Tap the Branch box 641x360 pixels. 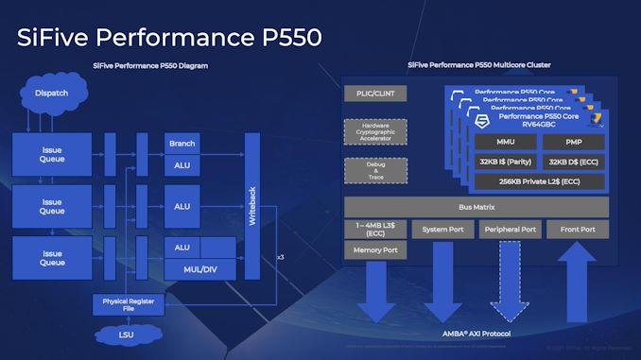coord(182,144)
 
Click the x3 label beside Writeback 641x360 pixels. coord(280,257)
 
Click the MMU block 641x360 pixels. coord(505,143)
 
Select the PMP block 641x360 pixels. coord(575,143)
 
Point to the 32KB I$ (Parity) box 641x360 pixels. coord(505,162)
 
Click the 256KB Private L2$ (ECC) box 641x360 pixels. coord(540,181)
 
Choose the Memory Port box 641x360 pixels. coord(375,250)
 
